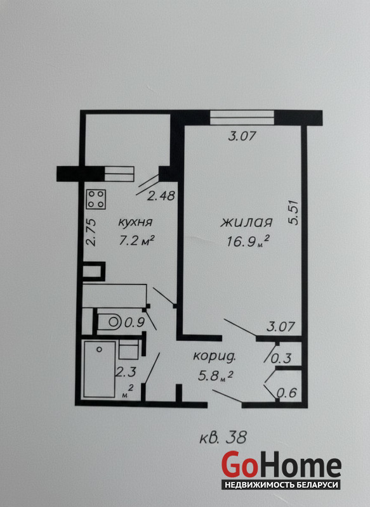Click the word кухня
coord(135,223)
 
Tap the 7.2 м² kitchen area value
coord(136,241)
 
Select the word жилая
coord(246,223)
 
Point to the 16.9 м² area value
coord(248,241)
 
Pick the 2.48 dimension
coord(161,196)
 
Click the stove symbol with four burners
coord(96,200)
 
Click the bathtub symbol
coord(100,369)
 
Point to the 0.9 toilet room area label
coord(135,323)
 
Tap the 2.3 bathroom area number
coord(126,372)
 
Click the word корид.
coord(215,357)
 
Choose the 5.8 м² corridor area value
coord(215,376)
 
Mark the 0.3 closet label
coord(281,358)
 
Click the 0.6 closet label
coord(287,393)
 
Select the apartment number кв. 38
coord(223,438)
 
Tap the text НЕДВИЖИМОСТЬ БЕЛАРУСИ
coord(281,485)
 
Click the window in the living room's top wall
coord(242,118)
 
